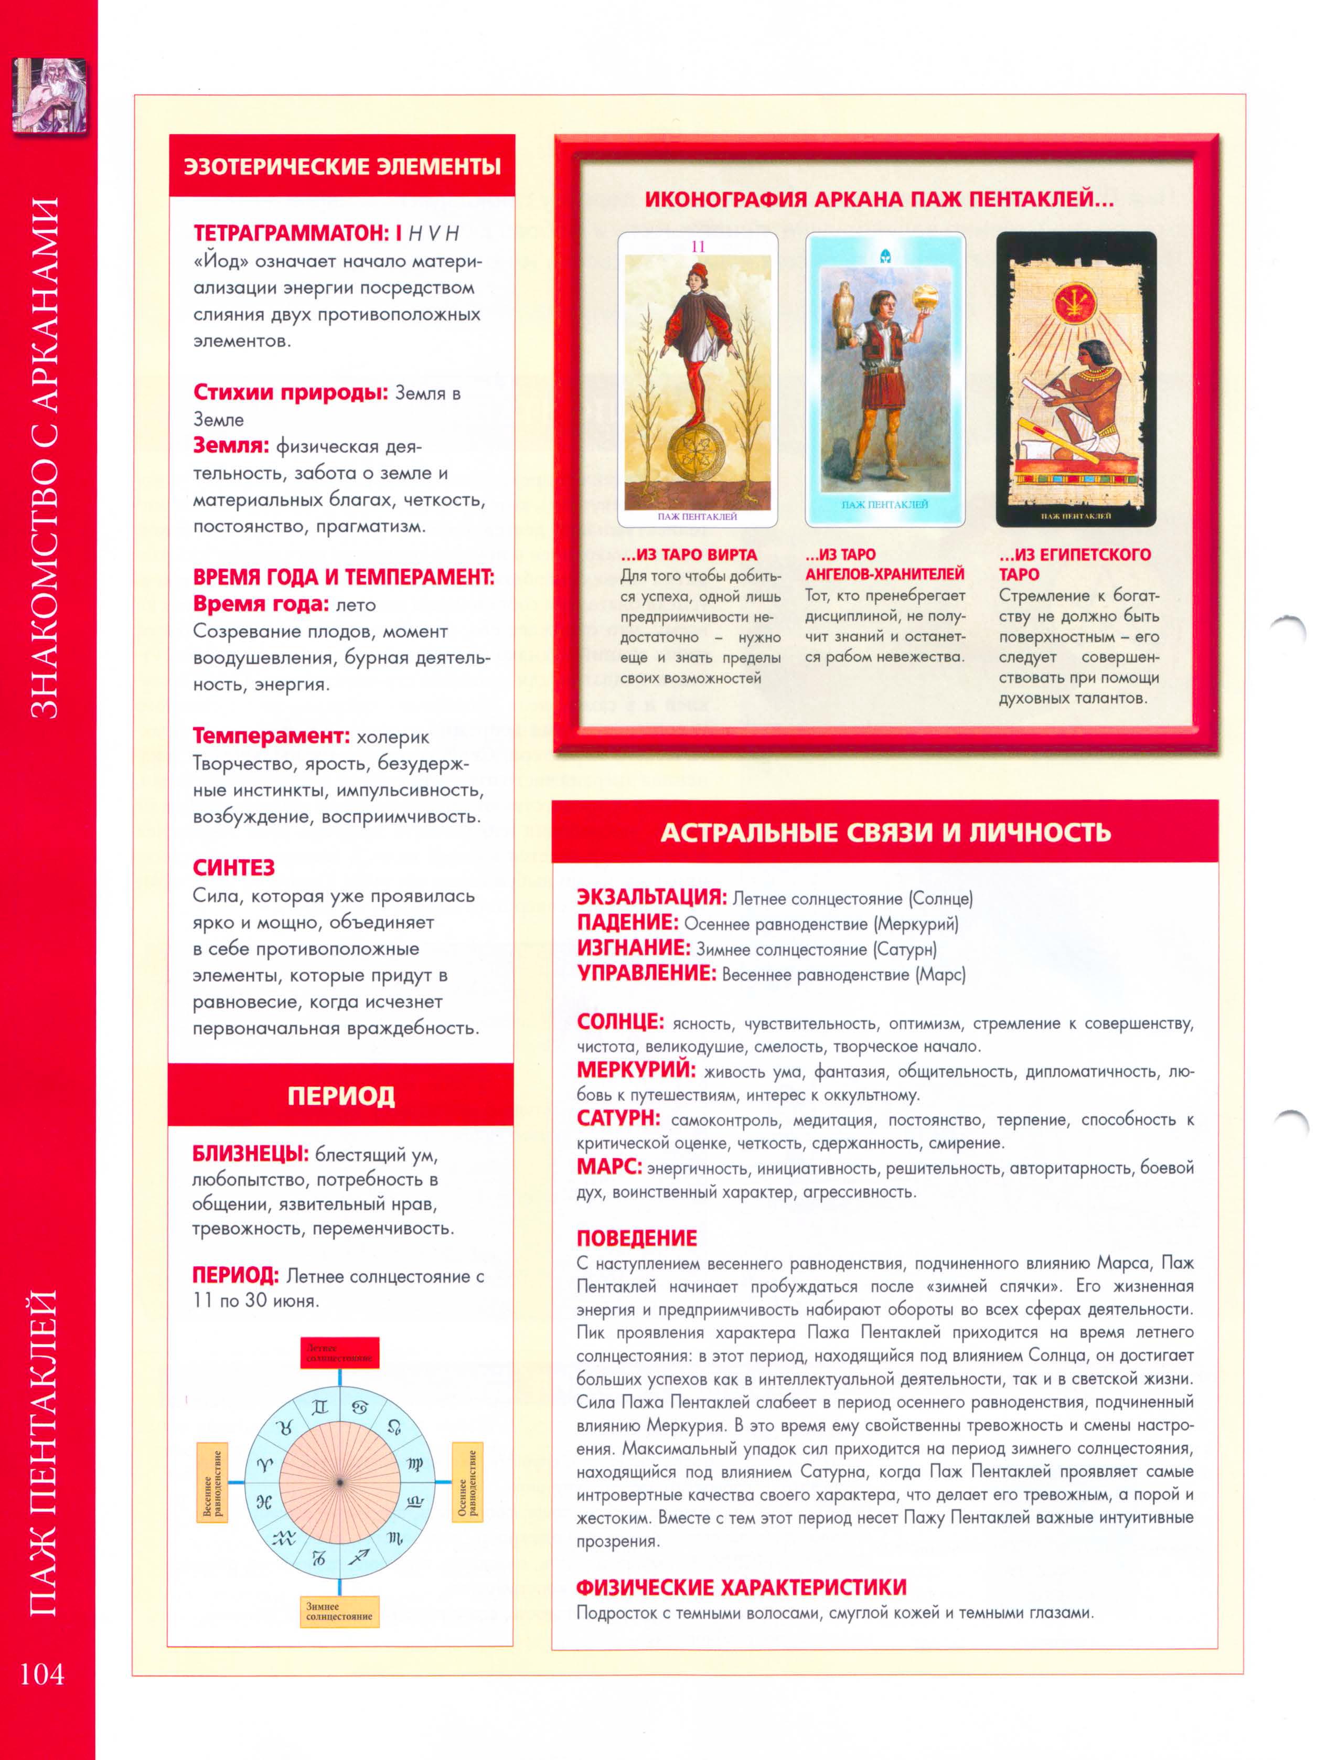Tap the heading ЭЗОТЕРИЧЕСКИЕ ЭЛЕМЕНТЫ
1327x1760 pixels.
(342, 166)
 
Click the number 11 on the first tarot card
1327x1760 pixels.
(698, 247)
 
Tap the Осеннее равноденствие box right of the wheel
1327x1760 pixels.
(468, 1482)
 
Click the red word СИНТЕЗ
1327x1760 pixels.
(234, 867)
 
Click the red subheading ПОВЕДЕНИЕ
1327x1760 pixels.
(636, 1238)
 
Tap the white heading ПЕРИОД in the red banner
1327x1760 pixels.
(341, 1096)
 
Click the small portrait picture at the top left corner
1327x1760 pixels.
(50, 94)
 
